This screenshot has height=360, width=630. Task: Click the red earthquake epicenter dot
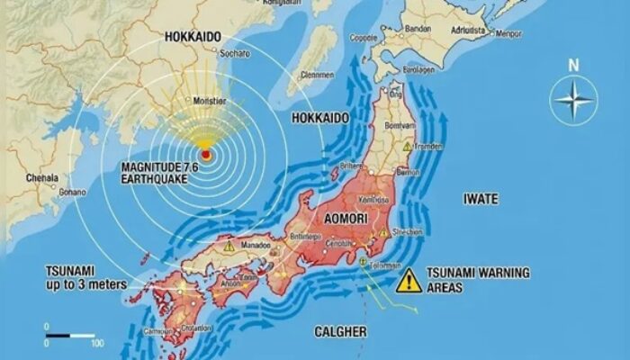coord(206,155)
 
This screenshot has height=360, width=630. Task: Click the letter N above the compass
coord(574,65)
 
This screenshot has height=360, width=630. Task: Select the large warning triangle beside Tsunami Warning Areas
coord(409,280)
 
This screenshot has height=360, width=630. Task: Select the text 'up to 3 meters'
coord(86,285)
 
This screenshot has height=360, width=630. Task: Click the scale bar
coord(71,335)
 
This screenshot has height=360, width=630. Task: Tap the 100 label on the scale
coord(96,344)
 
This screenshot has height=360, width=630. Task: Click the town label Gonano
coord(72,192)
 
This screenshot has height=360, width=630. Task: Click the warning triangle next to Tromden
coord(407,146)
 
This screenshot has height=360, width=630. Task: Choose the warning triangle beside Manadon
coord(229,245)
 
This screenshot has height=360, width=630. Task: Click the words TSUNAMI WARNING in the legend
coord(479,273)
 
